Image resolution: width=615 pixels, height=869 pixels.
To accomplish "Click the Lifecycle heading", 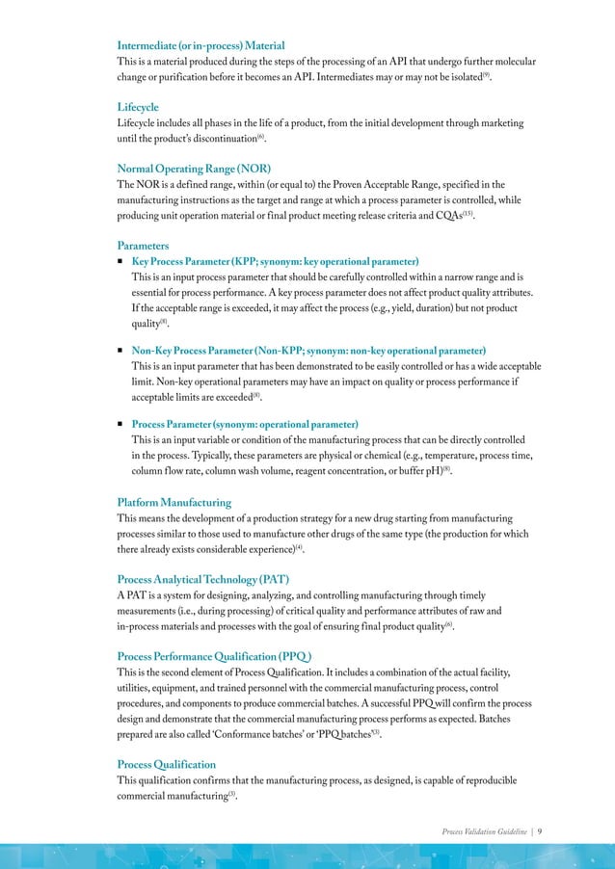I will pyautogui.click(x=138, y=107).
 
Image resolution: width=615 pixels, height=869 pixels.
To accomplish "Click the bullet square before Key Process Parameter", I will pyautogui.click(x=120, y=262).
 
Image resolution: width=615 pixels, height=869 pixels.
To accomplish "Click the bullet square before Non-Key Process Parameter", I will pyautogui.click(x=120, y=351).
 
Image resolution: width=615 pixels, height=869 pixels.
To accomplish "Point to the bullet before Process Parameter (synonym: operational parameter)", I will pyautogui.click(x=120, y=424).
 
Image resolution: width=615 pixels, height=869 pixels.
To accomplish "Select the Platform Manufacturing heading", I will pyautogui.click(x=174, y=503).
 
